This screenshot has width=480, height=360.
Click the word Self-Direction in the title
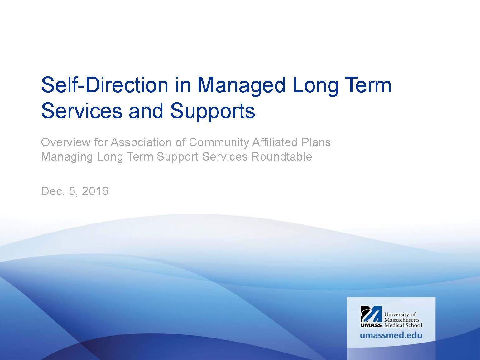pyautogui.click(x=105, y=85)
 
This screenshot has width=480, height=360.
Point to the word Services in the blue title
pyautogui.click(x=82, y=111)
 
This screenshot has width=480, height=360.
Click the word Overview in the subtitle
pyautogui.click(x=65, y=142)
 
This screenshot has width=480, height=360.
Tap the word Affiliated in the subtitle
pyautogui.click(x=275, y=142)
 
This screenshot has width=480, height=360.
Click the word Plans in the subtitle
pyautogui.click(x=316, y=142)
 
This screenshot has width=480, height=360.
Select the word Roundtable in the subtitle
pyautogui.click(x=282, y=157)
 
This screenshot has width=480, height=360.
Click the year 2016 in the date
pyautogui.click(x=95, y=191)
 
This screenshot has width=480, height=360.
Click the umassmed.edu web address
pyautogui.click(x=391, y=335)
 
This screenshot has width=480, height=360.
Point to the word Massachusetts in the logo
pyautogui.click(x=402, y=320)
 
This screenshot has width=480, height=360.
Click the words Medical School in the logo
pyautogui.click(x=403, y=325)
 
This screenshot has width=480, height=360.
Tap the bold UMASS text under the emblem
pyautogui.click(x=371, y=325)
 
